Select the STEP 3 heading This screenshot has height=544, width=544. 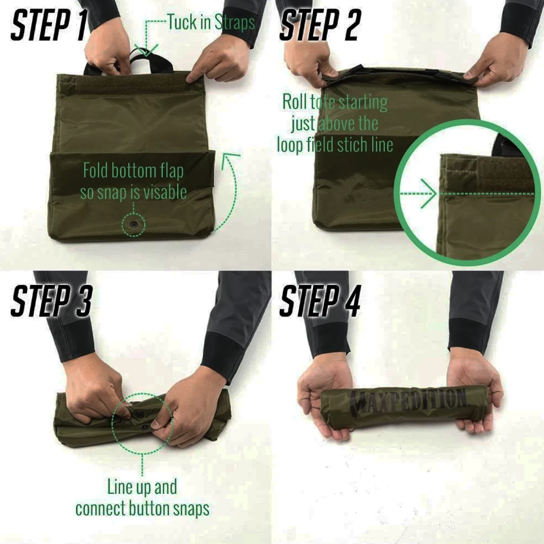point(52,301)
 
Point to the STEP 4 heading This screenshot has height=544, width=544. point(320,301)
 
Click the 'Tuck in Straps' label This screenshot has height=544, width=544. point(212,22)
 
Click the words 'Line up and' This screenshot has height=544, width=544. point(142,486)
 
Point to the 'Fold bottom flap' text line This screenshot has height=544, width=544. point(133,171)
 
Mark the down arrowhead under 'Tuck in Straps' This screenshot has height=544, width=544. point(146,50)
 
